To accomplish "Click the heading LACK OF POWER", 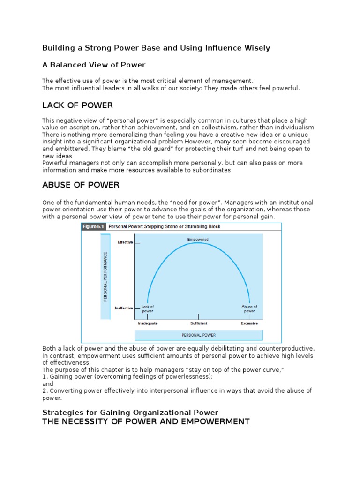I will coord(77,105).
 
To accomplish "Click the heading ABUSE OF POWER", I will coord(81,185).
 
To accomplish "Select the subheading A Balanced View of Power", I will coord(94,65).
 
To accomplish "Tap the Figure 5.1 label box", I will coord(93,226).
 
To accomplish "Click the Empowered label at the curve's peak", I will coord(197,239).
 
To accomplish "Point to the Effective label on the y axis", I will coord(125,242).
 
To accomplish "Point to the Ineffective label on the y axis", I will coord(124,308).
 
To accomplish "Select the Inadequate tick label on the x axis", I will coord(148,323).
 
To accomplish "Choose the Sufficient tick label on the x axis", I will coord(199,323).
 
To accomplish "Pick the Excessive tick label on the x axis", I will coord(249,323).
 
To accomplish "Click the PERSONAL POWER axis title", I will coord(199,335).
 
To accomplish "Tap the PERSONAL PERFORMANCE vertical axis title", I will coord(106,277).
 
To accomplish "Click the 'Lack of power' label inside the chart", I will coord(148,308).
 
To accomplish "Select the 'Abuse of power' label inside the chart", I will coord(249,308).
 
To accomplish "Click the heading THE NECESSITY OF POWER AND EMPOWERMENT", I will coord(146,421).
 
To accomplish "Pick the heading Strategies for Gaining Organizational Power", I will coord(130,412).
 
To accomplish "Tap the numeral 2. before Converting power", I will coord(45,390).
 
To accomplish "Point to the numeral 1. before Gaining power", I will coord(45,376).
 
